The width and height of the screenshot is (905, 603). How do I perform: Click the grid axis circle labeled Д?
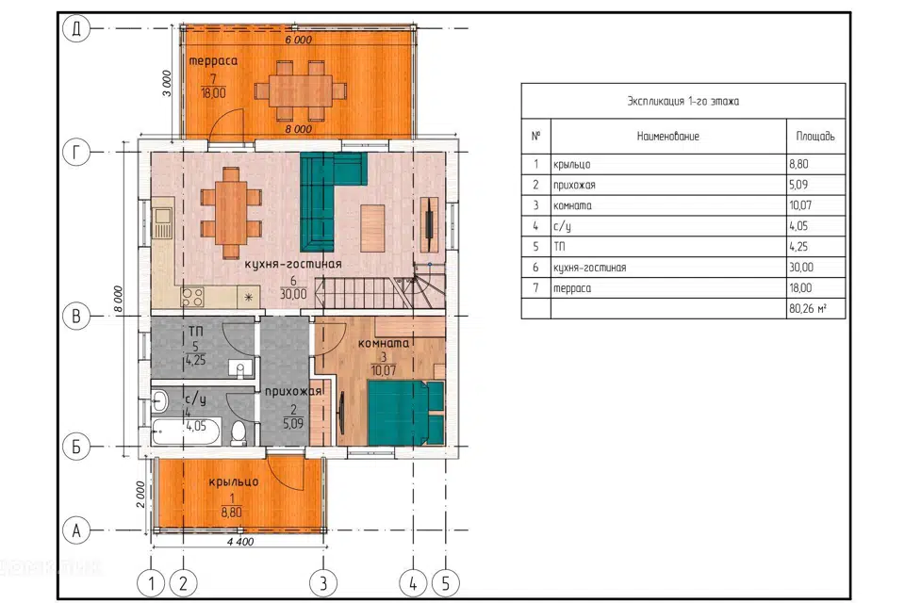[x=76, y=28]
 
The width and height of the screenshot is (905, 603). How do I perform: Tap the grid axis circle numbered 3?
[x=323, y=583]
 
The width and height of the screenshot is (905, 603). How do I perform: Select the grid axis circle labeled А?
[x=76, y=530]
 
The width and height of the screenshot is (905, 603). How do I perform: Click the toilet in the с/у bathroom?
[x=239, y=433]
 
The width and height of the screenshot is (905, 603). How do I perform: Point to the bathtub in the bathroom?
[x=186, y=432]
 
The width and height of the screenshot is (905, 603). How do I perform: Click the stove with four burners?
[x=192, y=297]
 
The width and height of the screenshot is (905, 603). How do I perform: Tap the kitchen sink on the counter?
[x=162, y=222]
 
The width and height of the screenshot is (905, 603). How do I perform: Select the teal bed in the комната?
[x=406, y=412]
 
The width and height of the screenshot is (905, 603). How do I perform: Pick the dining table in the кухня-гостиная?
[x=231, y=212]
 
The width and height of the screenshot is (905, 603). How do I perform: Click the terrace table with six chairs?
[x=301, y=90]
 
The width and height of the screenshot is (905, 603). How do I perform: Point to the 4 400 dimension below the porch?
[x=240, y=541]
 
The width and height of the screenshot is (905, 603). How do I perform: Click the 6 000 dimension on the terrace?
[x=299, y=40]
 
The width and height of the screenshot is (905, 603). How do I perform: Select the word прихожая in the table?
[x=574, y=186]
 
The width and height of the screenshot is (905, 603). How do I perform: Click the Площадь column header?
[x=815, y=137]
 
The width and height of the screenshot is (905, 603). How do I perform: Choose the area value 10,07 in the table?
[x=800, y=205]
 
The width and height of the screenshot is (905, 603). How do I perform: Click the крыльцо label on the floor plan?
[x=233, y=482]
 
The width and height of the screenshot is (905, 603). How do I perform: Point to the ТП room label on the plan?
[x=195, y=332]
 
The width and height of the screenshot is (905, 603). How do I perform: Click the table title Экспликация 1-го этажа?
[x=683, y=101]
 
